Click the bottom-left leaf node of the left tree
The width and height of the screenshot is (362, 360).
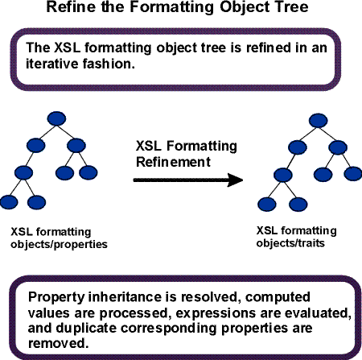tap(8, 201)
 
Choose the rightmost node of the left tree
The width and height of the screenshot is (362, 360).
tap(88, 172)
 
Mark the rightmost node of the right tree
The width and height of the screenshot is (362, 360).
tap(351, 172)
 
